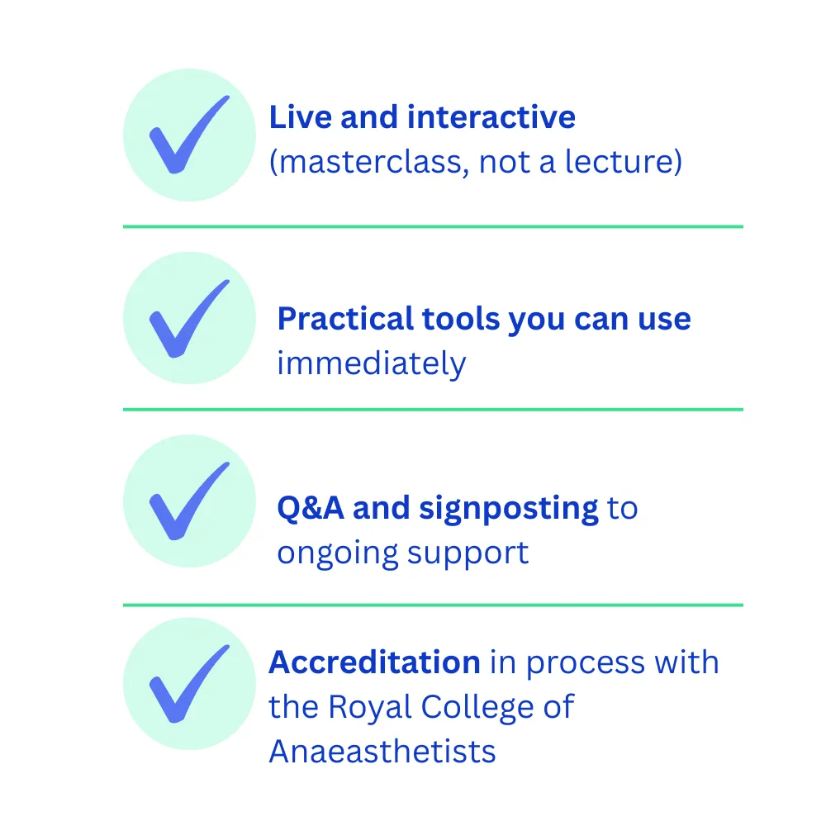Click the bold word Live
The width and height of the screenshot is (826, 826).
pos(300,117)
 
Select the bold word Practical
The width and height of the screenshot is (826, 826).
pos(345,319)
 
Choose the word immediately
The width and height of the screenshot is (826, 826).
pos(372,364)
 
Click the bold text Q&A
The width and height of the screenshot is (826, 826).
pos(311,508)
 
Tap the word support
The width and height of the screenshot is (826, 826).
pos(468,554)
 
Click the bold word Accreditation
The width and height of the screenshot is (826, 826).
pos(374,662)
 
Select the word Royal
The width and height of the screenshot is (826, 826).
pos(369,708)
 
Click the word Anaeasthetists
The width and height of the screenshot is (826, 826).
pos(382,751)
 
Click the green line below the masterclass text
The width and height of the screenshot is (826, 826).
pos(433,226)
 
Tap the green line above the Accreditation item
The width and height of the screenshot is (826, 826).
pos(433,605)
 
